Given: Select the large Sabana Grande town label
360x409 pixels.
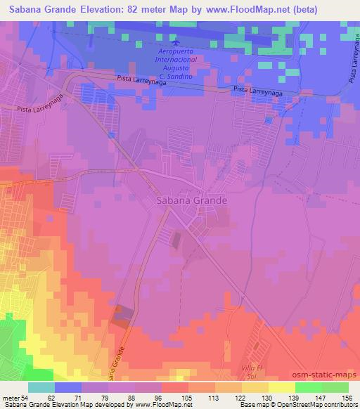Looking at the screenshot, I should (189, 200).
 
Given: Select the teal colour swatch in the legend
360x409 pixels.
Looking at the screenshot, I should (41, 387).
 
